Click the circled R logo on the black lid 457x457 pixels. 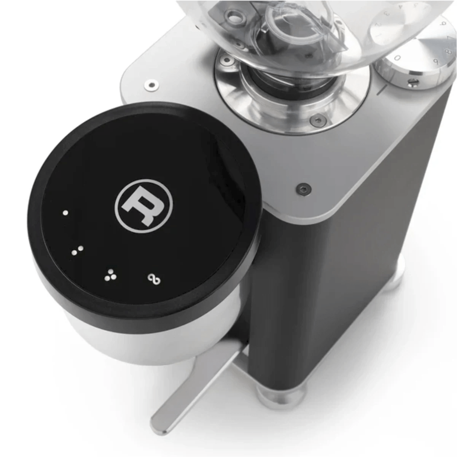pyautogui.click(x=143, y=206)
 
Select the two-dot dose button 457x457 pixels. pyautogui.click(x=77, y=250)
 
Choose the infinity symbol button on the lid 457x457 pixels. pyautogui.click(x=154, y=280)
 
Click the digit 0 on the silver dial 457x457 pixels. pyautogui.click(x=398, y=58)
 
